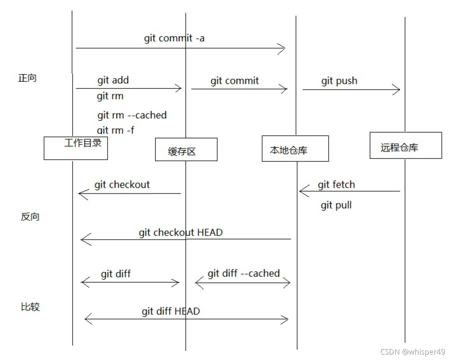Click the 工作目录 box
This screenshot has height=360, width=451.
pos(75,148)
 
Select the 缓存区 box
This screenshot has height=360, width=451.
pos(186,149)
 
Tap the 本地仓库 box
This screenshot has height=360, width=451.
pos(295,148)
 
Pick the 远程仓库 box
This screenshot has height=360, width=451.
pos(406,145)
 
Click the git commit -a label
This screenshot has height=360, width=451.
pos(174,39)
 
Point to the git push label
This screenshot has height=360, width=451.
pos(339,81)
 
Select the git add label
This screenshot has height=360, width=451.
pos(113,80)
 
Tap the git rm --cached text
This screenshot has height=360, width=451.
pos(132,115)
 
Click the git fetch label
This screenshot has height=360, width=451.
pos(336,184)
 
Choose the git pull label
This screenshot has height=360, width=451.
pos(336,205)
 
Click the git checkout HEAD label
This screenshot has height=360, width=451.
pos(181,233)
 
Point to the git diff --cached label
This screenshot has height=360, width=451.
pos(244,274)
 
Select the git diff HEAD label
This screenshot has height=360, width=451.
pos(171,311)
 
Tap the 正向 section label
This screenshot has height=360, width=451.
pos(27,78)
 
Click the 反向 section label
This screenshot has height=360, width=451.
pos(30,217)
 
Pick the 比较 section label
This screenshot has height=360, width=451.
pos(30,307)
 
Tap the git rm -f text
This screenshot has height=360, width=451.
pos(115,130)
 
